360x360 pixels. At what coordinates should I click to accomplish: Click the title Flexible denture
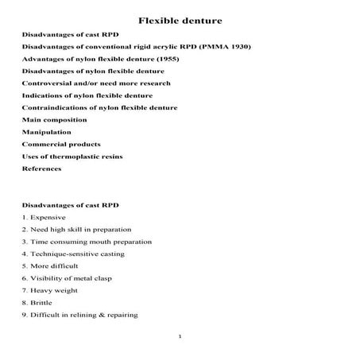pyautogui.click(x=180, y=20)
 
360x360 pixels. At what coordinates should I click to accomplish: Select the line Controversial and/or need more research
pyautogui.click(x=96, y=83)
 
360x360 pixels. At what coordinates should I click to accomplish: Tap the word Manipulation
pyautogui.click(x=46, y=131)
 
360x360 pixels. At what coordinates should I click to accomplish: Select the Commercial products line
pyautogui.click(x=61, y=144)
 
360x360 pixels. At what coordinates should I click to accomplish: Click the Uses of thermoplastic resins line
pyautogui.click(x=72, y=156)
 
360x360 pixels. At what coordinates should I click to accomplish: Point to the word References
pyautogui.click(x=41, y=168)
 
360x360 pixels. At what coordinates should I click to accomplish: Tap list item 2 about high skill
pyautogui.click(x=76, y=229)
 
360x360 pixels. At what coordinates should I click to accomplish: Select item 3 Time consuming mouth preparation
pyautogui.click(x=87, y=242)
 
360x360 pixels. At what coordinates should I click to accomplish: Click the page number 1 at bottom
pyautogui.click(x=180, y=337)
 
